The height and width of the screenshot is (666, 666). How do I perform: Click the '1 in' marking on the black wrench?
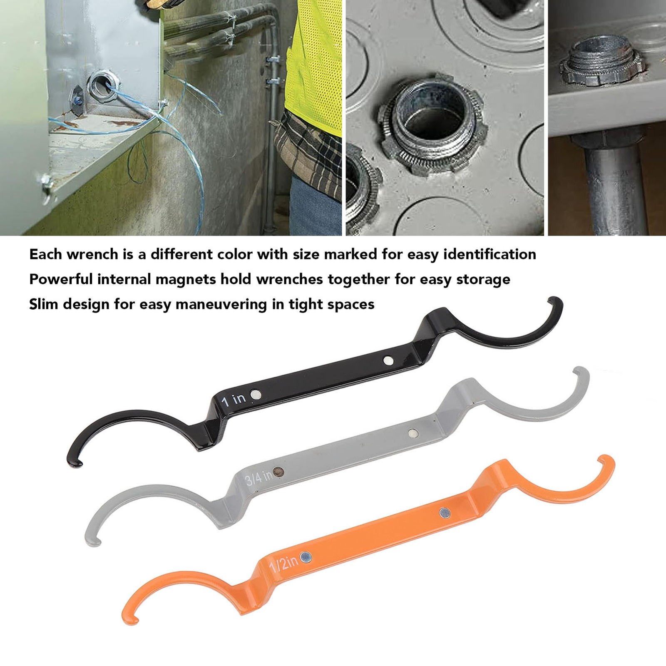[234, 400]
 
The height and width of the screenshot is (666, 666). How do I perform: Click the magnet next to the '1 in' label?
[256, 394]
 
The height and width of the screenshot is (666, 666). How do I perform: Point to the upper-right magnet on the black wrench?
[388, 360]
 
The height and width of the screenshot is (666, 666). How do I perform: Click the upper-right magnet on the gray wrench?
[413, 433]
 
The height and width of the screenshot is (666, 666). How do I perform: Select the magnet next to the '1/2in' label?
[306, 557]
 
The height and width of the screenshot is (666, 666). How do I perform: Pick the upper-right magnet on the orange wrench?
[445, 513]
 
